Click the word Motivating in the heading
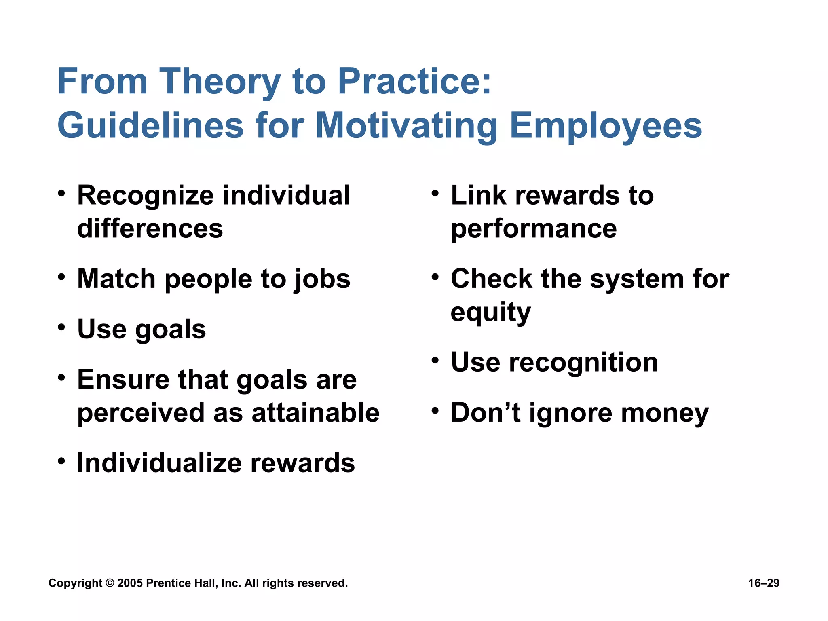click(406, 127)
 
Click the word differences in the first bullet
click(150, 228)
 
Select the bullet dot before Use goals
click(61, 327)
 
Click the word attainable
click(315, 413)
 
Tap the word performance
click(534, 229)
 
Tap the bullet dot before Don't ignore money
click(435, 411)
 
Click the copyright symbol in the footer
click(110, 583)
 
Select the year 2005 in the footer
click(130, 583)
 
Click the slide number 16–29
click(763, 583)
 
